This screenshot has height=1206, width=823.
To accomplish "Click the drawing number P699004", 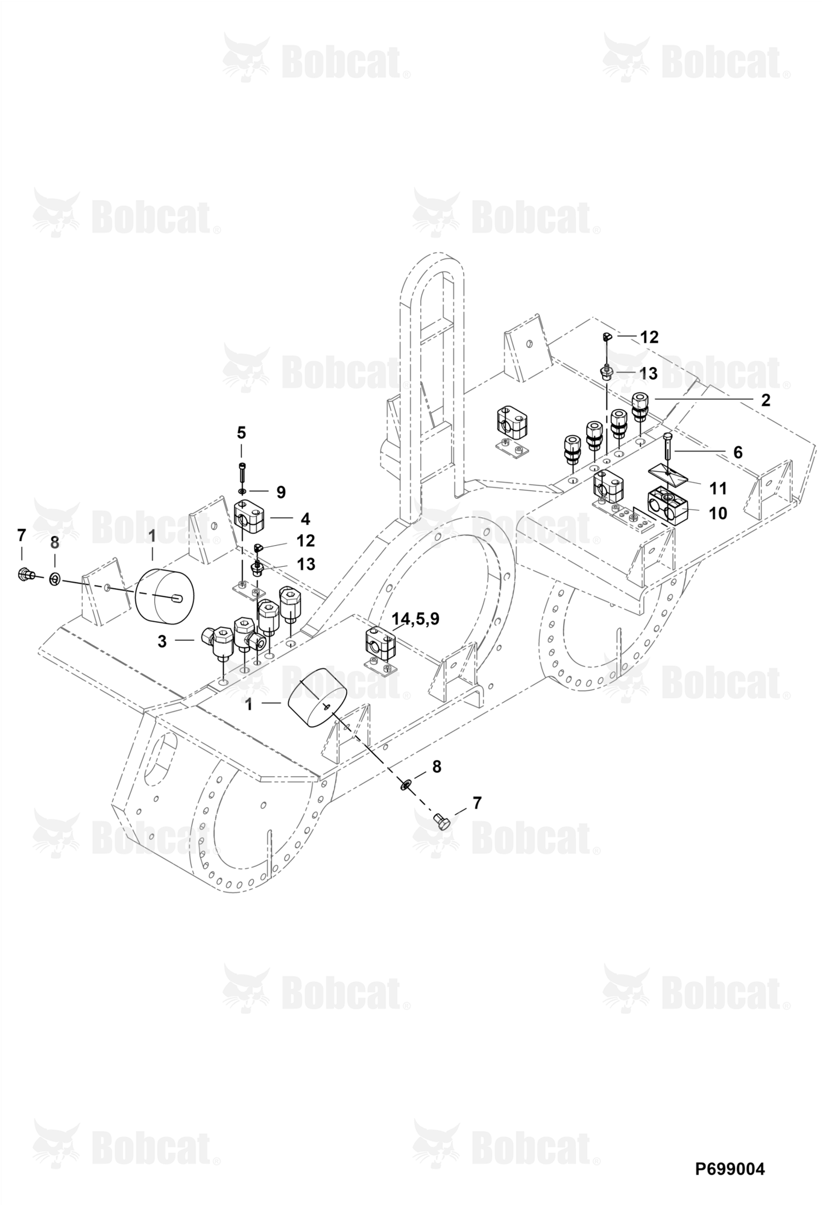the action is (x=730, y=1169).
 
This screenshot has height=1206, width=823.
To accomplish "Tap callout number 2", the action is (x=765, y=400).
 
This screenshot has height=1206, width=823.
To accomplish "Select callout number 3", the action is (x=162, y=642).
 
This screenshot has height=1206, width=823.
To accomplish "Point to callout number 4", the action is (x=305, y=518).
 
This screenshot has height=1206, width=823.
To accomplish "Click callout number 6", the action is (x=737, y=452).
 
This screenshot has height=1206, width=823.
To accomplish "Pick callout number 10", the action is (x=718, y=513).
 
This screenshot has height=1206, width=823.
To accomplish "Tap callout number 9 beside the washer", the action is (x=281, y=492).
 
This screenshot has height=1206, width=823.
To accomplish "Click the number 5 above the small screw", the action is (x=241, y=432).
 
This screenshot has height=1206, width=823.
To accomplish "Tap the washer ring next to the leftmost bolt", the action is (x=54, y=579).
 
